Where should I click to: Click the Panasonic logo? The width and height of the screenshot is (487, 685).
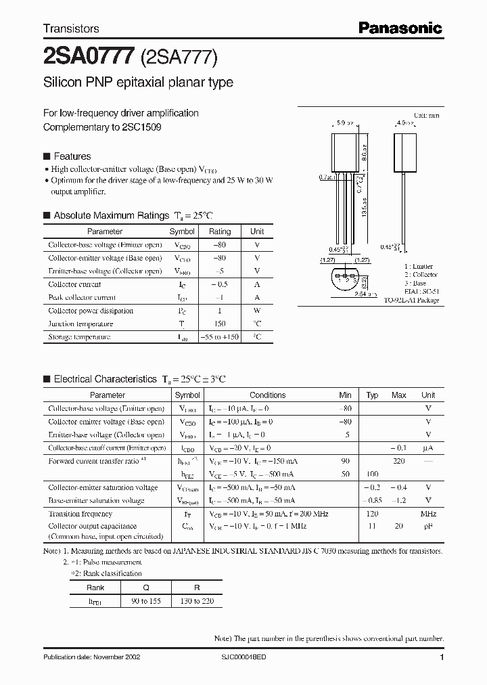point(400,28)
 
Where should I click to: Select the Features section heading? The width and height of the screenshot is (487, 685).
point(72,156)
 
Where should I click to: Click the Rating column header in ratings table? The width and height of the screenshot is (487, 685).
point(220,231)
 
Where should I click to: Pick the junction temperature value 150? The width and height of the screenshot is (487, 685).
point(220,324)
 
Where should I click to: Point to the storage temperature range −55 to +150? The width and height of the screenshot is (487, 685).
point(220,336)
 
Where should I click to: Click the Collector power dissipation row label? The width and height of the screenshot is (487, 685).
point(91,311)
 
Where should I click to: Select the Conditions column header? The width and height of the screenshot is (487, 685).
point(267,395)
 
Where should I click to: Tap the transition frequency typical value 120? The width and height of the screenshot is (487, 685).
point(373,514)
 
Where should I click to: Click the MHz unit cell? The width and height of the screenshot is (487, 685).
point(428,514)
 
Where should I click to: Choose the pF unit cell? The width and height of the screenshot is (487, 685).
point(428,526)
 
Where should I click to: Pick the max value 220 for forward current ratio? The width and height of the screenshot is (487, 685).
point(399,461)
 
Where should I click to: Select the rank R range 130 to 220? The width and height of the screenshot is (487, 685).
point(197,601)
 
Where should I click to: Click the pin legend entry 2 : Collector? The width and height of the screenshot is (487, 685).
point(421,275)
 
